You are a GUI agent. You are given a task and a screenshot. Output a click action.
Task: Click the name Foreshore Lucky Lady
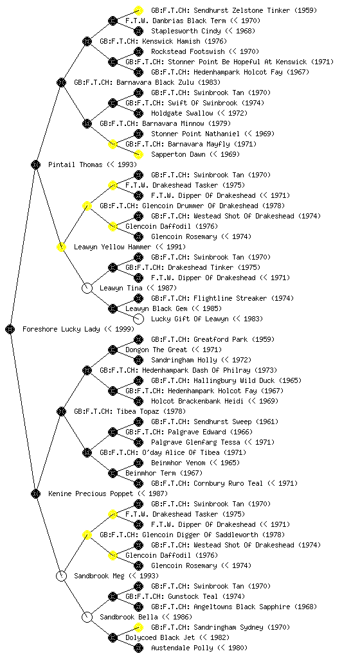pyautogui.click(x=61, y=330)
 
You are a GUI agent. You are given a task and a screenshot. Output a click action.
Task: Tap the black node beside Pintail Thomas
pyautogui.click(x=35, y=165)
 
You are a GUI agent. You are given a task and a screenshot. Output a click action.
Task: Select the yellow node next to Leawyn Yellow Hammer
pyautogui.click(x=61, y=247)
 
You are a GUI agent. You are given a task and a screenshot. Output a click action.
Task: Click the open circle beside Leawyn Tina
pyautogui.click(x=87, y=289)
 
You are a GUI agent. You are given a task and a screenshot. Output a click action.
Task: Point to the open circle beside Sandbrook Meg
pyautogui.click(x=61, y=576)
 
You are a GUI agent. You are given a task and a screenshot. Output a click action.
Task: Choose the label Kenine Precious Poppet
pyautogui.click(x=91, y=494)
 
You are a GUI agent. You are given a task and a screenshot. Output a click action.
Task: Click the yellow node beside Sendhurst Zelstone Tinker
pyautogui.click(x=138, y=10)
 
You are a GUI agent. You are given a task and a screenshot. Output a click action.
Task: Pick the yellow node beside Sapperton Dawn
pyautogui.click(x=138, y=154)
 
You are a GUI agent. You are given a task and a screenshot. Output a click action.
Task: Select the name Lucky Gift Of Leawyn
pyautogui.click(x=190, y=319)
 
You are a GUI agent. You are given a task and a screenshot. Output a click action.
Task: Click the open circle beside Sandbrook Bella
pyautogui.click(x=87, y=618)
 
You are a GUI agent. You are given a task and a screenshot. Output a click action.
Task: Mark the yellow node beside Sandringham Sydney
pyautogui.click(x=138, y=627)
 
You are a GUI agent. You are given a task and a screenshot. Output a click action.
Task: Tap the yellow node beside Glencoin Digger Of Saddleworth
pyautogui.click(x=87, y=535)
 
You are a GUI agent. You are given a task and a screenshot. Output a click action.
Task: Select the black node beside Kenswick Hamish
pyautogui.click(x=87, y=42)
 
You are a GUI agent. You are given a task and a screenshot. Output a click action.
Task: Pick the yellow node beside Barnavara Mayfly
pyautogui.click(x=113, y=145)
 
